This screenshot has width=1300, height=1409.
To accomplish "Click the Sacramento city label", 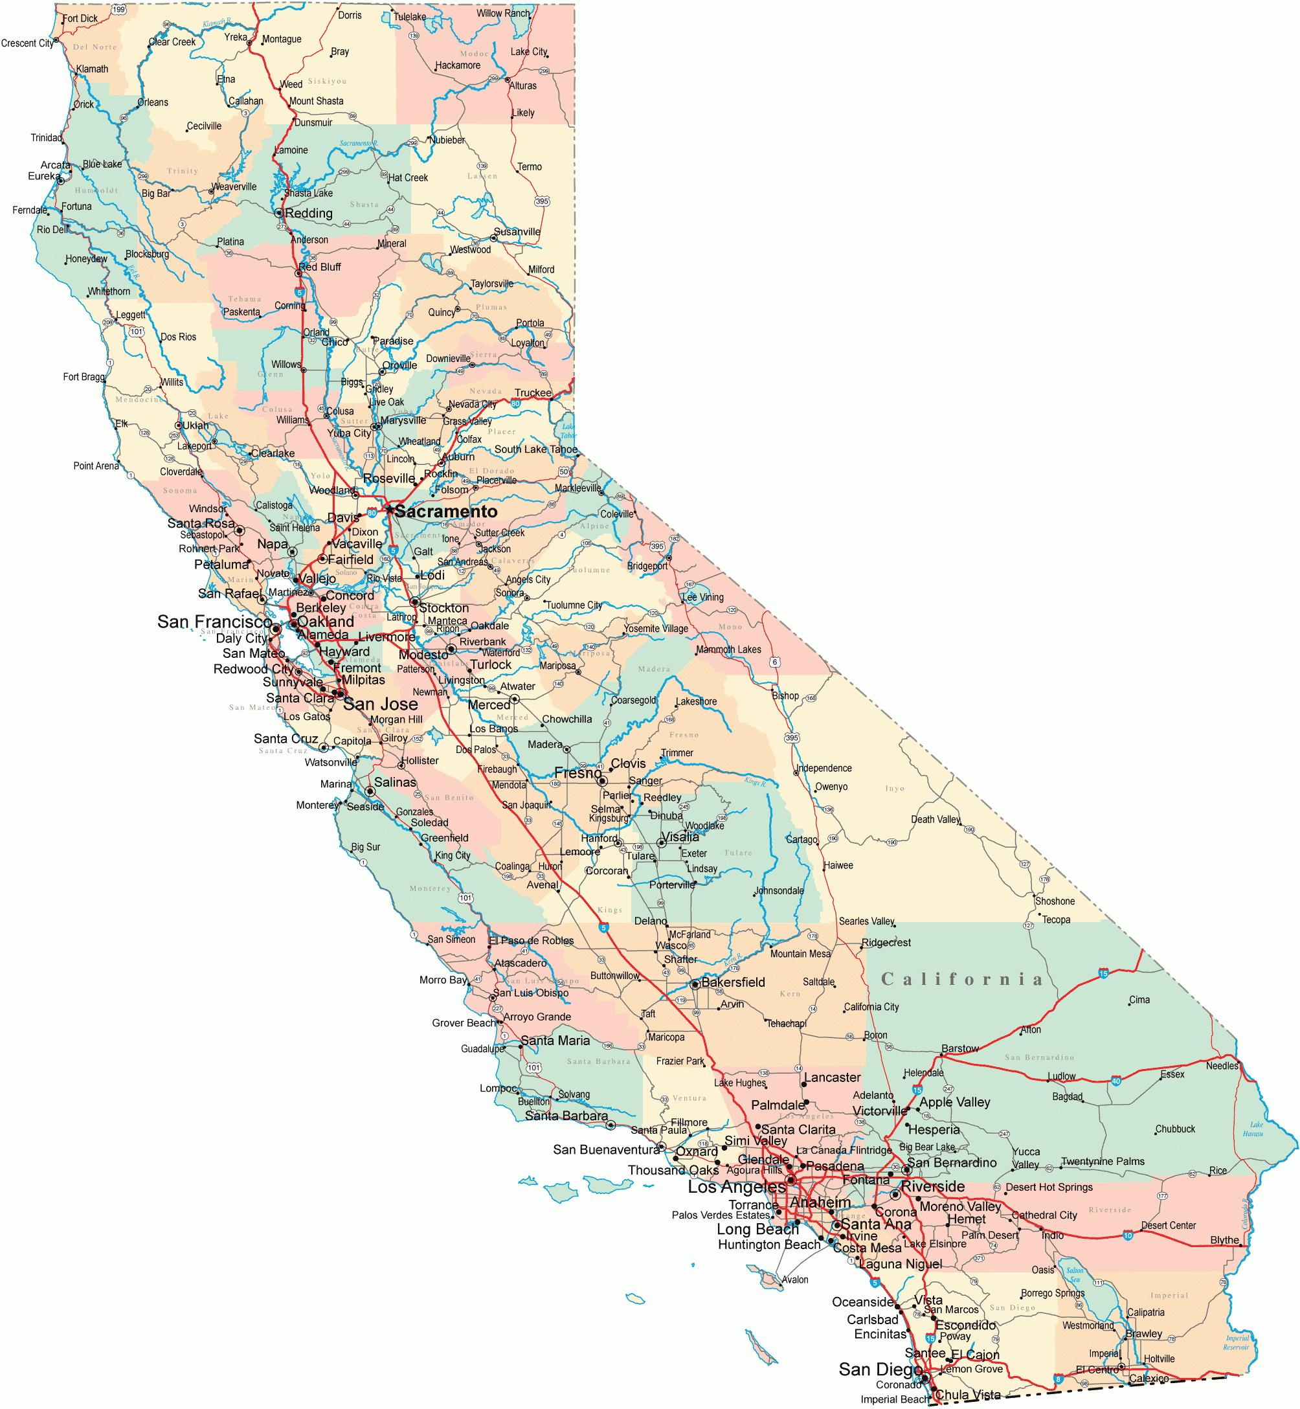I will coord(446,512).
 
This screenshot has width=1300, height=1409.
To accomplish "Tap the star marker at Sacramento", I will coord(389,510).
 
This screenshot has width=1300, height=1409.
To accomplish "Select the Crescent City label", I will coord(27,43).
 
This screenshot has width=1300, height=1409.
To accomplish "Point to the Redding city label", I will coord(309,213).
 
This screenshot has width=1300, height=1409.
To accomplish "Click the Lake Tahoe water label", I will coord(568,431).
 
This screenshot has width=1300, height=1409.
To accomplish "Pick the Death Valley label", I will coord(935,820).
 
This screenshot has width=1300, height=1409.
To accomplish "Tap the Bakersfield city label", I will coord(733,983).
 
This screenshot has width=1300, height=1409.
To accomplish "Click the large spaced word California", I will coord(961,980).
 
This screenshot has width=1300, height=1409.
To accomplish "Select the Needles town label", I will coord(1222,1066).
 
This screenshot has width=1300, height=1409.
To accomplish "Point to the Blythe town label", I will coord(1225,1240).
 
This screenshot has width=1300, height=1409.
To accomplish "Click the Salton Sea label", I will coord(1075,1275).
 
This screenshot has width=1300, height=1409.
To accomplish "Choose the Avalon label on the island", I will coord(796,1279).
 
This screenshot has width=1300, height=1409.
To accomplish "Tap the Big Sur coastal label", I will coord(366,847).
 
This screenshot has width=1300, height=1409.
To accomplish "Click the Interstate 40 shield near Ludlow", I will coord(1116,1081).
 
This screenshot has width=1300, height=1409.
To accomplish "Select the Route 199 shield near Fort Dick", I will coord(119,10).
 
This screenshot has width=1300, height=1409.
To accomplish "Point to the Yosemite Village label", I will coord(656,629).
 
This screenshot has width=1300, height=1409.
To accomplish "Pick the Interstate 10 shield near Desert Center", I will coord(1128,1235).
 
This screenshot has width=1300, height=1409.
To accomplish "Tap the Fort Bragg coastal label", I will coord(84,377).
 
